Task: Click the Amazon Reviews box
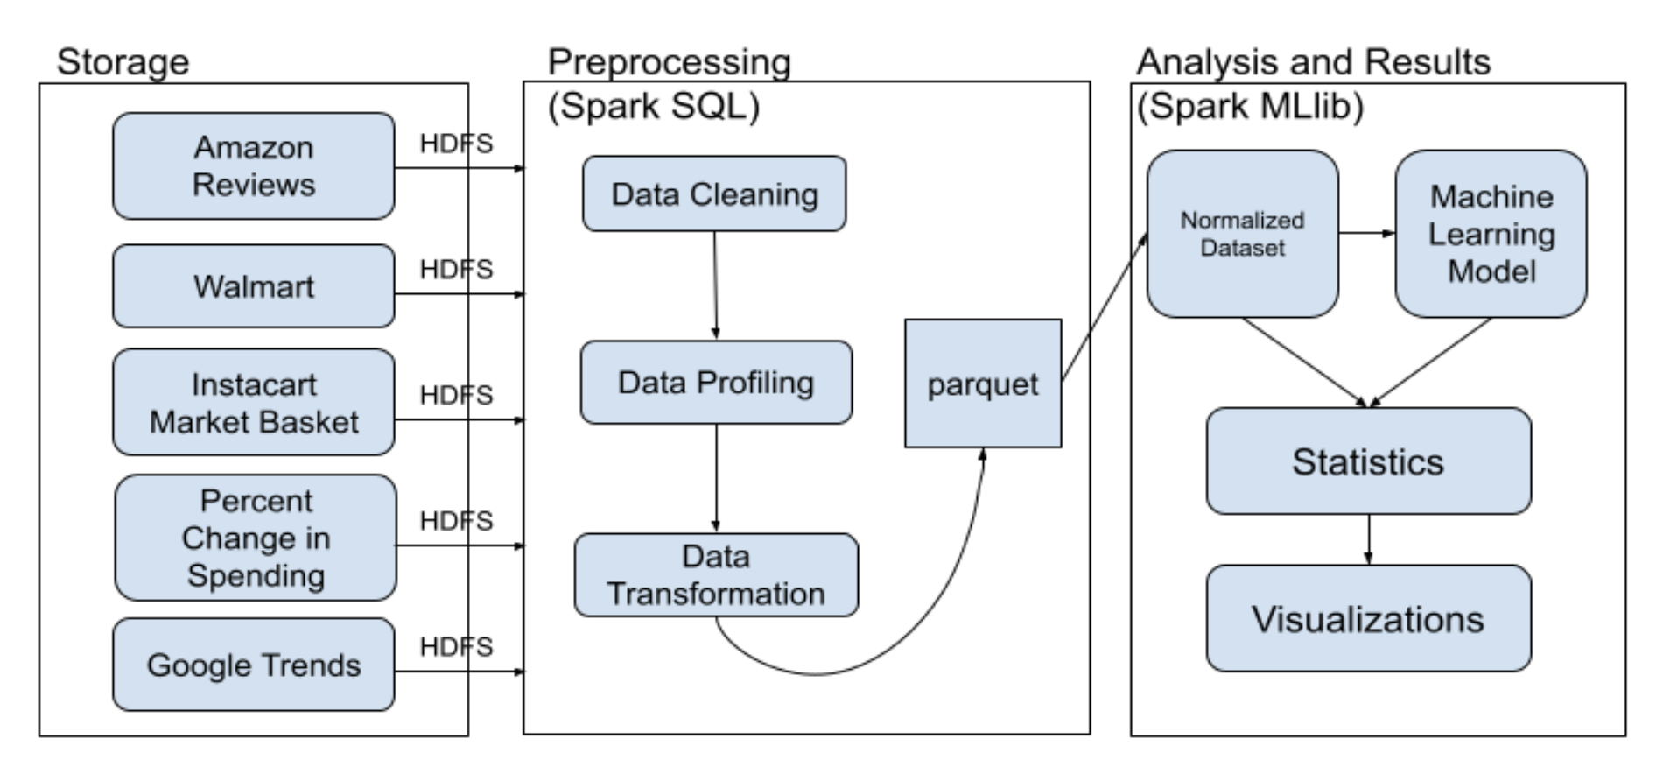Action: tap(254, 165)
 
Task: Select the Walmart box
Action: tap(254, 286)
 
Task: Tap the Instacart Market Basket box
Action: tap(254, 402)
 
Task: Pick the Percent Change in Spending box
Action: tap(256, 538)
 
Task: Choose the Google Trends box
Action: tap(254, 665)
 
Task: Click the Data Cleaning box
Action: tap(714, 194)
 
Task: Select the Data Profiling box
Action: tap(716, 383)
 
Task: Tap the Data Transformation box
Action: tap(716, 575)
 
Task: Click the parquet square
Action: tap(983, 384)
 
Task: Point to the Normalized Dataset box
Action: tap(1243, 234)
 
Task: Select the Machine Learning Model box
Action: tap(1491, 234)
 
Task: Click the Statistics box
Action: tap(1369, 461)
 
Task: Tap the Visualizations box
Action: tap(1369, 618)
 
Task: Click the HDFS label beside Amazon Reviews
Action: tap(456, 143)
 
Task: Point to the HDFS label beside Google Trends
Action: tap(456, 646)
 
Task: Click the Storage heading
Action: tap(123, 62)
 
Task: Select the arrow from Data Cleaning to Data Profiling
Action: tap(715, 285)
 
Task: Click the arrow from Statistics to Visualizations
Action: tap(1369, 539)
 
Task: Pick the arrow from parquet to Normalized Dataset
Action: tap(1105, 306)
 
